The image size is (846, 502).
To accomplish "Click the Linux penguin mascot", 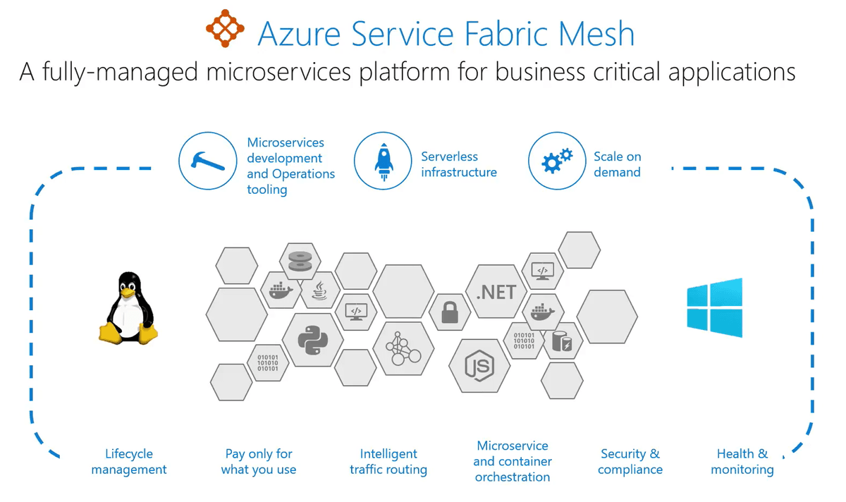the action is click(128, 308).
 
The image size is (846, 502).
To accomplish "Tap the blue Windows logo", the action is click(715, 307).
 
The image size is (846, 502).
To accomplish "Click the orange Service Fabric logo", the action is click(225, 28).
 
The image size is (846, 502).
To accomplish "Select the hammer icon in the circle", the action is click(208, 161).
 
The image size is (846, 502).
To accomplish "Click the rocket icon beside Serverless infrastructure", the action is click(383, 161).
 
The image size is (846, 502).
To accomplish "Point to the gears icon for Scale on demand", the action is click(557, 161).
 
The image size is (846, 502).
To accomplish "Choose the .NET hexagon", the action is click(496, 292).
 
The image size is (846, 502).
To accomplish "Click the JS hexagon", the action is click(479, 366).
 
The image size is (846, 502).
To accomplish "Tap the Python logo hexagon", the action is click(313, 340).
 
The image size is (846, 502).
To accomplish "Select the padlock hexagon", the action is click(450, 312).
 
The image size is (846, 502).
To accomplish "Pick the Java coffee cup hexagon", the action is click(319, 290).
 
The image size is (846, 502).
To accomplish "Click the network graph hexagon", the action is click(403, 348).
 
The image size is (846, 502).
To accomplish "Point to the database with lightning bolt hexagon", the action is click(562, 341).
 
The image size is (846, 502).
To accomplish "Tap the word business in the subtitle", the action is click(540, 72).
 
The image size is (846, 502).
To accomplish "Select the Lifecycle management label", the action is click(129, 461).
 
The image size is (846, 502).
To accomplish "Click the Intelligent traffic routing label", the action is click(388, 461).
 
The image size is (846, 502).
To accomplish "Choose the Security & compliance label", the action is click(630, 461).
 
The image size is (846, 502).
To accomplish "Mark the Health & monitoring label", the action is click(742, 461).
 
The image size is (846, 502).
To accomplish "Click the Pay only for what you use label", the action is click(259, 461).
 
